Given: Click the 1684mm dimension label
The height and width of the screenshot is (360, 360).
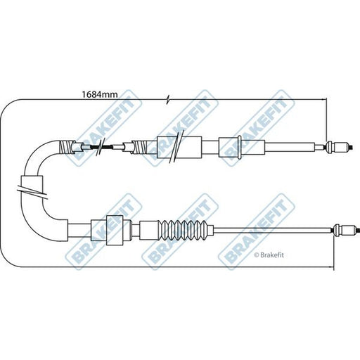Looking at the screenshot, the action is (x=100, y=95).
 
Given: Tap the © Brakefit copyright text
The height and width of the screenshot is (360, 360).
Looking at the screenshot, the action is (x=269, y=255).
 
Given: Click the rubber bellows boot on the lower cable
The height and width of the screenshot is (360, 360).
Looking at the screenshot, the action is (x=183, y=230).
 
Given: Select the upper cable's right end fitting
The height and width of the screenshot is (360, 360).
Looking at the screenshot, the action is (x=338, y=147).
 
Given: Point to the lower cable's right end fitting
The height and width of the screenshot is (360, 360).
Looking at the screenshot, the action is (x=346, y=231).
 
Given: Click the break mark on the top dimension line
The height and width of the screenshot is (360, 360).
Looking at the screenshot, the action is (x=167, y=100).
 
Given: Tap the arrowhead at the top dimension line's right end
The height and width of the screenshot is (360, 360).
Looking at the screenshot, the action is (x=323, y=99).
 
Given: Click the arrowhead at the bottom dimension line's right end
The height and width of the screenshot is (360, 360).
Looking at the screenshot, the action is (x=330, y=266).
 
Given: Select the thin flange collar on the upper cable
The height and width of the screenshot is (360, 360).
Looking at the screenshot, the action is (x=239, y=148).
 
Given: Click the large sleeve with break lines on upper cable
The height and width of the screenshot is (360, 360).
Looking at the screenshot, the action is (x=179, y=147).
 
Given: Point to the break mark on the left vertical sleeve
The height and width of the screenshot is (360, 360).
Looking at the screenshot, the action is (x=32, y=191).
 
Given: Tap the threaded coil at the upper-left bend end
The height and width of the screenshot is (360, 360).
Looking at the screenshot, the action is (x=67, y=147).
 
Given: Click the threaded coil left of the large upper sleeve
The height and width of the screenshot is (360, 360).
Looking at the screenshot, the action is (x=140, y=147).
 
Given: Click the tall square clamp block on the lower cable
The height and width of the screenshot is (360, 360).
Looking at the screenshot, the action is (x=115, y=230).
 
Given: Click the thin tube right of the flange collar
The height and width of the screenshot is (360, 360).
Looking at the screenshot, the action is (x=290, y=147).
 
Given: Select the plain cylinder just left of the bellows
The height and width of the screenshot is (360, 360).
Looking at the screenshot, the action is (x=149, y=230).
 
